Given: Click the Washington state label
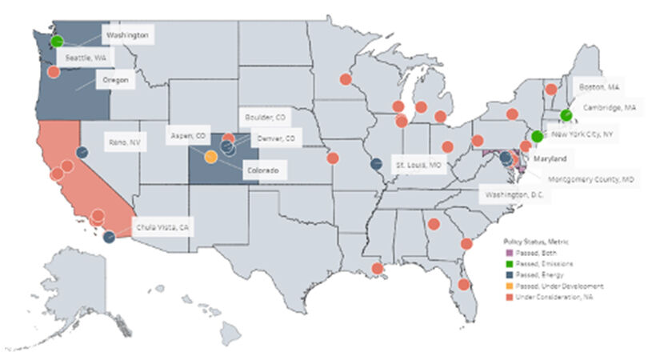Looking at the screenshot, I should (128, 35).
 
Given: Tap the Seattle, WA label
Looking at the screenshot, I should (89, 58).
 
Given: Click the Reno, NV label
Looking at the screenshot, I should (124, 142).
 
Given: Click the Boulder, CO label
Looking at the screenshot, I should (267, 117).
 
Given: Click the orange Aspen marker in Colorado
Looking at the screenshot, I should (210, 157).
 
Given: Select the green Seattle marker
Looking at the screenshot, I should (57, 41).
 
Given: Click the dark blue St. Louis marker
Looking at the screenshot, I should (376, 165).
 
